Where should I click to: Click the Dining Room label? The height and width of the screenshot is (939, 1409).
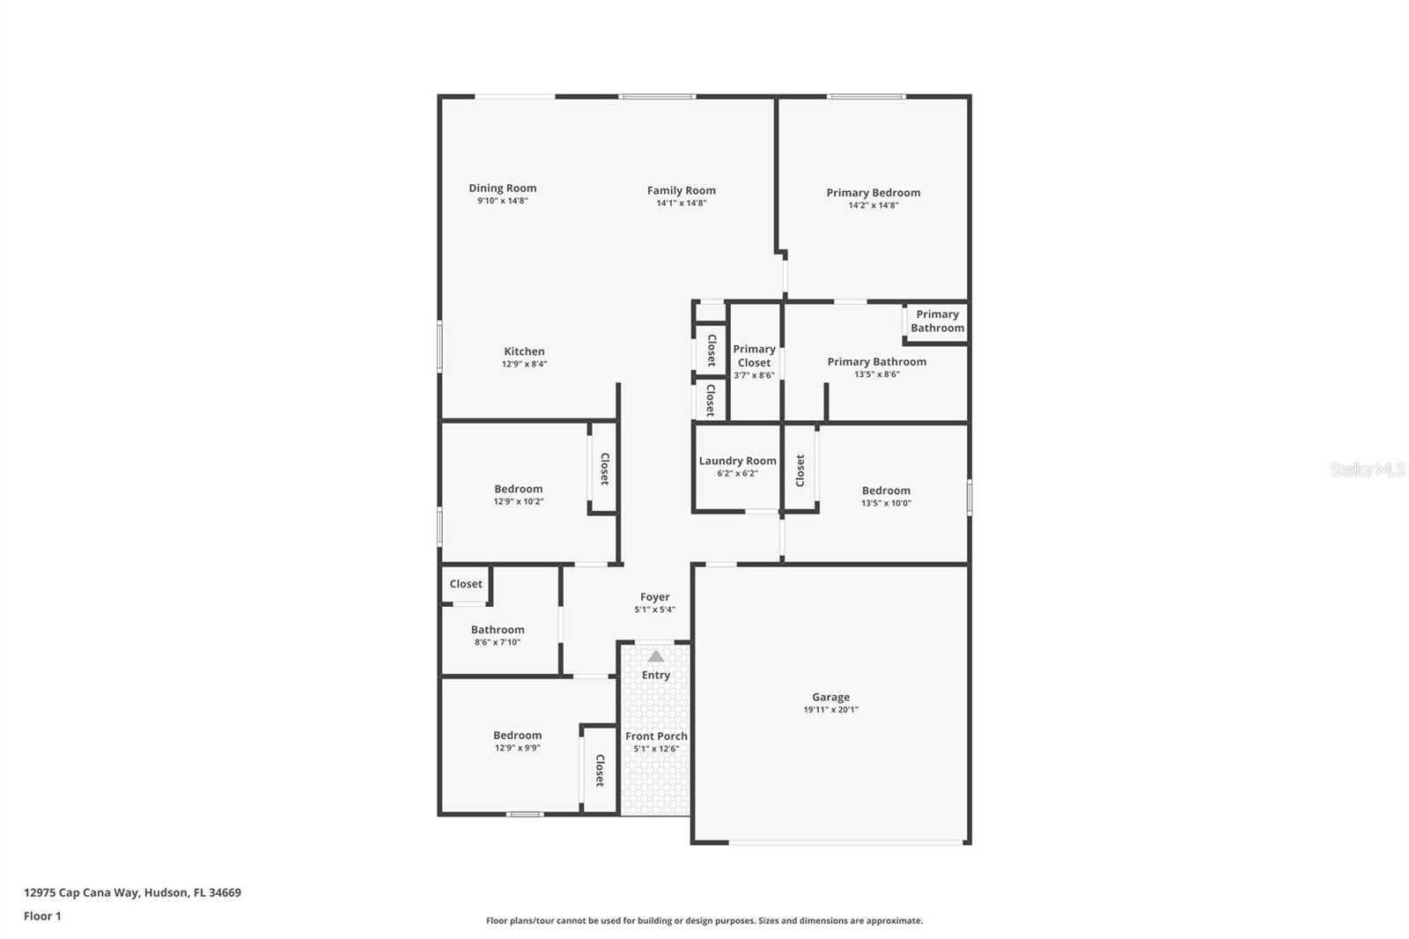[502, 188]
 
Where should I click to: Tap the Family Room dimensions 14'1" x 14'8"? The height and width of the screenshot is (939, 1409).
[681, 203]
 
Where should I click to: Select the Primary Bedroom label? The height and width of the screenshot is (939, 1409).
[873, 192]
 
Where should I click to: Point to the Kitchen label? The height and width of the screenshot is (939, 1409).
[524, 351]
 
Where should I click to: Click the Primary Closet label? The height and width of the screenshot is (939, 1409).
[754, 355]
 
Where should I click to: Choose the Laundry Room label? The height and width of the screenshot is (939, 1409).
[737, 461]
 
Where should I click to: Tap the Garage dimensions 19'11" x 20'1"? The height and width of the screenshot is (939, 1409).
[830, 709]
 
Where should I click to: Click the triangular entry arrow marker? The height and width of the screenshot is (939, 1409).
[655, 656]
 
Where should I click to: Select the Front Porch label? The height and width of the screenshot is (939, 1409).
[656, 736]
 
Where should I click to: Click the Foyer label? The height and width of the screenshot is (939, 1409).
[654, 596]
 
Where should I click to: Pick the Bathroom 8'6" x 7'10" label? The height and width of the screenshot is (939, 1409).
[498, 629]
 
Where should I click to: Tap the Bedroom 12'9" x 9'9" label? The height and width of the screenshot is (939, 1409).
[517, 735]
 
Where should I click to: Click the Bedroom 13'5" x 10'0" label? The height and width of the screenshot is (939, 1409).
[886, 491]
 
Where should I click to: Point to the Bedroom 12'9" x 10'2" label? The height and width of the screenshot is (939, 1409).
[518, 489]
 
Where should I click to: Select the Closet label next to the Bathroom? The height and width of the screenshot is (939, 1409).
[466, 583]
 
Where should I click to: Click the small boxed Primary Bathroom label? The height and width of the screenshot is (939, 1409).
[937, 321]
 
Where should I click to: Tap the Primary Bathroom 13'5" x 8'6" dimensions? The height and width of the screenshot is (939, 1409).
[876, 374]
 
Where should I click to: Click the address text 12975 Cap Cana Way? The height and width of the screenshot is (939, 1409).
[132, 892]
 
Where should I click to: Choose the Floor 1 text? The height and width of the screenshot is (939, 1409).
[42, 916]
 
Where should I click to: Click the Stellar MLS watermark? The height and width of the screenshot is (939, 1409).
[1367, 469]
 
